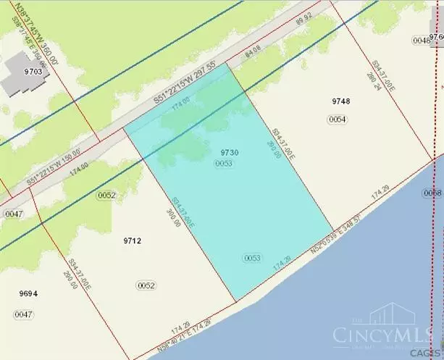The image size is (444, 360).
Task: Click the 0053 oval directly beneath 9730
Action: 224,165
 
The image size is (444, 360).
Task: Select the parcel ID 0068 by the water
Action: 432,193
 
